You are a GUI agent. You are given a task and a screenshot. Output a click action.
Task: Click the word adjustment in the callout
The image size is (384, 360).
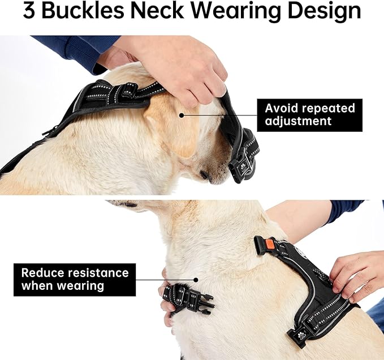point(298,121)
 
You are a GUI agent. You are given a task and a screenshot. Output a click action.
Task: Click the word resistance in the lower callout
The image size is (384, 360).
point(97,273)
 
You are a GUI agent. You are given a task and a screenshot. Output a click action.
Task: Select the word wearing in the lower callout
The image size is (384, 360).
point(80,286)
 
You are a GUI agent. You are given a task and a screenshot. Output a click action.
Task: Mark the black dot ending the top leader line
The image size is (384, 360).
point(182,114)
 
